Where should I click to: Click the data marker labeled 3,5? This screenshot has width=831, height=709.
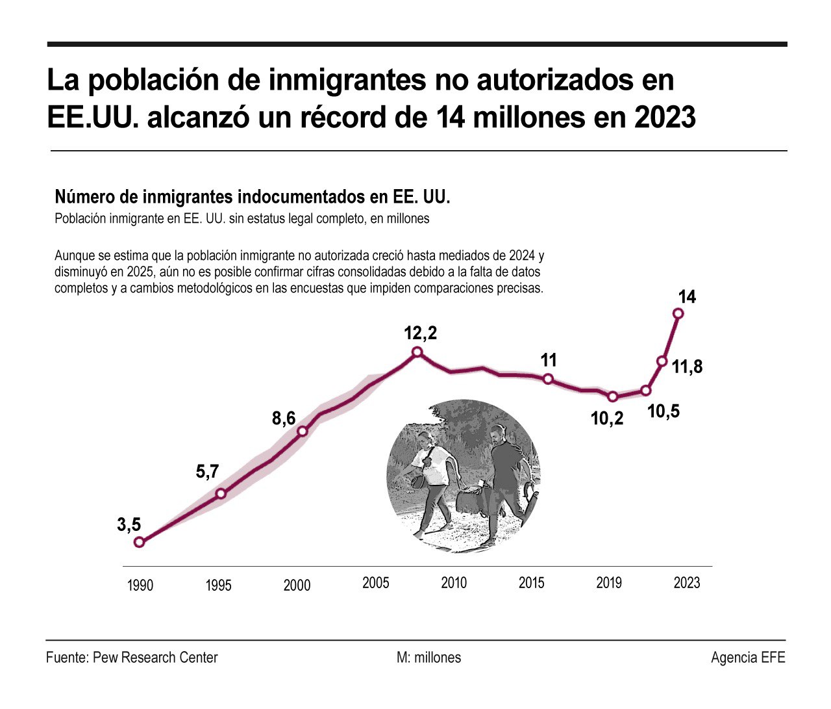pos(139,542)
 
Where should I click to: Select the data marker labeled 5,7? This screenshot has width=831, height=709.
pos(221,493)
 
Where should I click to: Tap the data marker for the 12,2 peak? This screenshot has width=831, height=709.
pos(417,352)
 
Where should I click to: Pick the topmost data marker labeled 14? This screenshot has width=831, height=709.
pos(678,313)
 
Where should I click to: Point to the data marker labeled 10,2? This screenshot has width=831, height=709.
pos(612,396)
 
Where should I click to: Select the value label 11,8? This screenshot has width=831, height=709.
pos(687,367)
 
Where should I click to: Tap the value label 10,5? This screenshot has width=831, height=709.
pos(664,411)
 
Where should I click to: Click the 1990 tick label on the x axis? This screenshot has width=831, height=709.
pos(140,586)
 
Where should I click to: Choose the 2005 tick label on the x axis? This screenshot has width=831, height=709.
pos(376,582)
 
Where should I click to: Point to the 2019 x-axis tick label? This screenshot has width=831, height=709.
pos(609,582)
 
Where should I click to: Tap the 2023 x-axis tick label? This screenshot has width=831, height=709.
pos(687,582)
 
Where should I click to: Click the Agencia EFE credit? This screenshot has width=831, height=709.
pos(748,658)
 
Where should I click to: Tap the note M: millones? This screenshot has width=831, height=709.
pos(428,658)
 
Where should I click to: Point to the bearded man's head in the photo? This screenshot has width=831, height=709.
pos(498,434)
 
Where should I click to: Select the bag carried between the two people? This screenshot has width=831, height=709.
pos(469,500)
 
